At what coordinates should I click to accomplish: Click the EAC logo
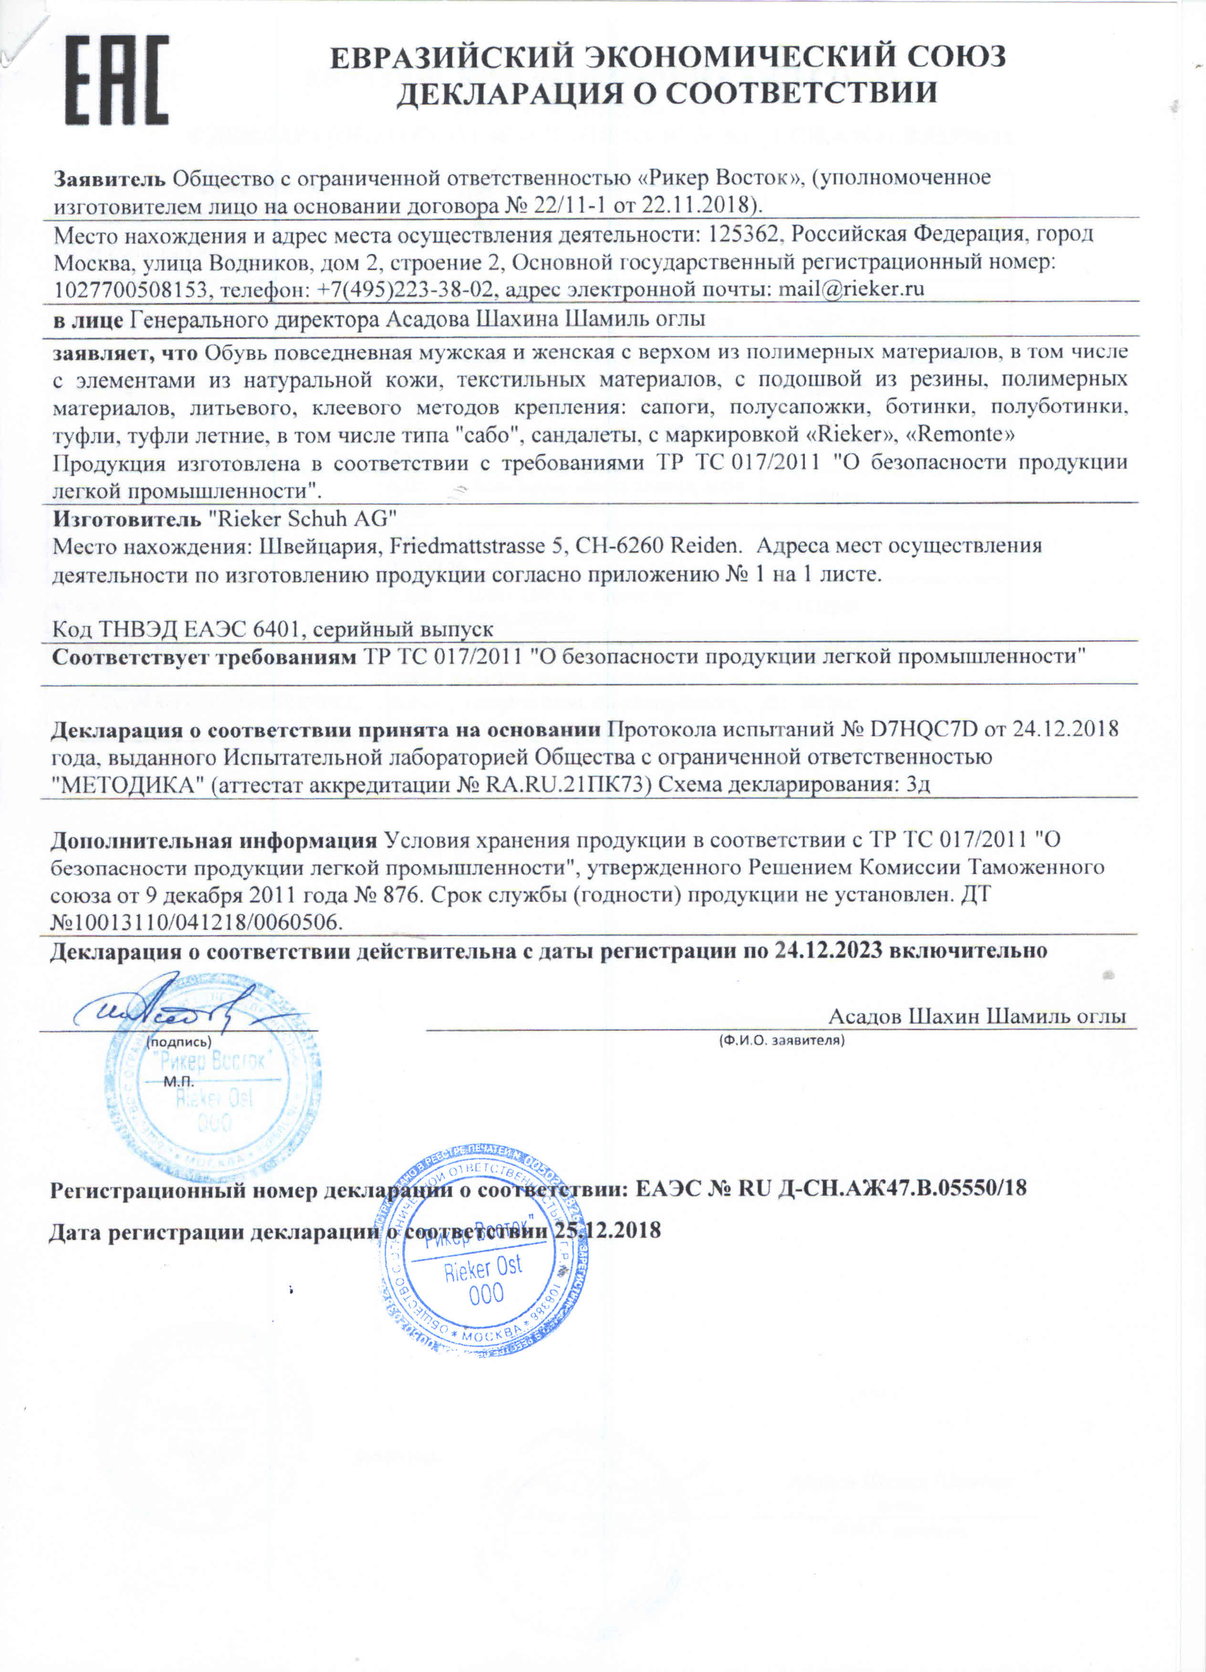116,81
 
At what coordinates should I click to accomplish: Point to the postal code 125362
742,234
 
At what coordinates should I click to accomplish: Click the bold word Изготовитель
126,519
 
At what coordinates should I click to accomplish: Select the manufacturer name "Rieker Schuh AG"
303,519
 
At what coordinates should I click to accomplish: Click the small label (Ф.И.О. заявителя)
781,1040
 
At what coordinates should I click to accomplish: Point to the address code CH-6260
618,546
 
